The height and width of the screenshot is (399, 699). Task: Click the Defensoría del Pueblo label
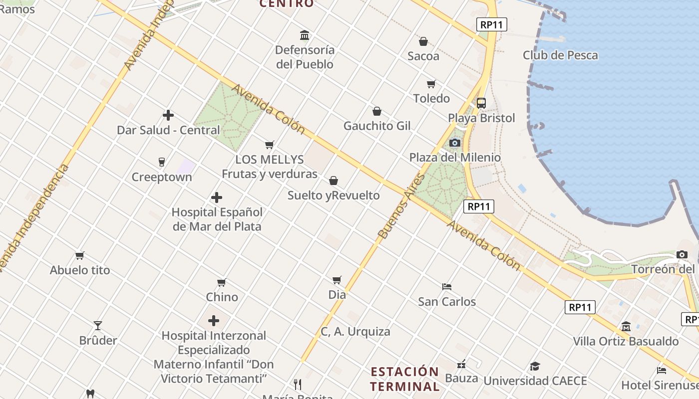click(x=305, y=57)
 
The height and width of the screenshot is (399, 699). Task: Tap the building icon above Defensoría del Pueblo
click(x=305, y=35)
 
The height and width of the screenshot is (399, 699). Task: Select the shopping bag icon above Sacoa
click(x=423, y=41)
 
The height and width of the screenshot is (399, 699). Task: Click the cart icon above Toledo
click(x=431, y=84)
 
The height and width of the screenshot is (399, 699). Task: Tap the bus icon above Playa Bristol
click(x=481, y=103)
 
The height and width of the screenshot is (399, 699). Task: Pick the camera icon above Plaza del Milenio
click(x=454, y=143)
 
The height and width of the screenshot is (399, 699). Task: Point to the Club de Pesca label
click(x=560, y=55)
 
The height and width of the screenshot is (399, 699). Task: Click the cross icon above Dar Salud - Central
click(x=168, y=115)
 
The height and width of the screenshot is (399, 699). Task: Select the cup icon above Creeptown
click(x=161, y=162)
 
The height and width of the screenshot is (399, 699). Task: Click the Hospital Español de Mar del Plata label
click(x=217, y=219)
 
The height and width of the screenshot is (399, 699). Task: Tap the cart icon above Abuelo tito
click(x=80, y=256)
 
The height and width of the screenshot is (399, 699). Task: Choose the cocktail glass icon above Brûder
click(x=98, y=326)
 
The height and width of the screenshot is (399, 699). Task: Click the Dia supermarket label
click(x=337, y=294)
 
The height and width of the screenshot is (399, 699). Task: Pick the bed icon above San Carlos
click(x=447, y=287)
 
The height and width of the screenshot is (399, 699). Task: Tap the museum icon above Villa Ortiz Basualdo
click(x=626, y=327)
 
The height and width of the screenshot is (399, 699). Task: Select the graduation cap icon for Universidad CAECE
click(x=535, y=367)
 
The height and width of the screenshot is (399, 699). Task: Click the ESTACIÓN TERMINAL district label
click(x=405, y=379)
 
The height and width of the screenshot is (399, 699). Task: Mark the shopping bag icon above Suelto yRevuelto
click(x=334, y=181)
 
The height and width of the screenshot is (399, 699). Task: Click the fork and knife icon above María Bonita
click(x=298, y=384)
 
